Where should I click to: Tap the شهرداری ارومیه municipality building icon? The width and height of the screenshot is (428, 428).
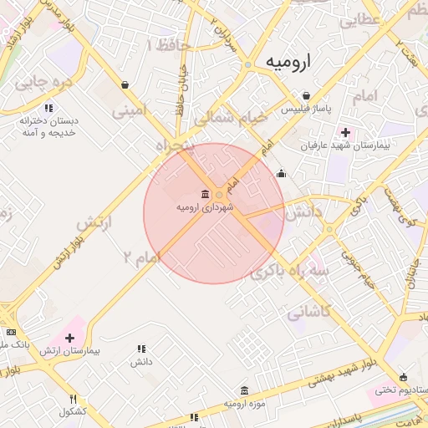tap(206, 195)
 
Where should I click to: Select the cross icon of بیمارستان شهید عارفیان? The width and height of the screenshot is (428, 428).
tap(345, 132)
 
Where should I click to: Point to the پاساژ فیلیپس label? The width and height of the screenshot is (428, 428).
tap(306, 110)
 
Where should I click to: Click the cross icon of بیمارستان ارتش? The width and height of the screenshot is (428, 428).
tap(69, 339)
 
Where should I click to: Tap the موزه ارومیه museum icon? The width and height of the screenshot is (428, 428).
tap(244, 391)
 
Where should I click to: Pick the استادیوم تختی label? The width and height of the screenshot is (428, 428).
tap(396, 389)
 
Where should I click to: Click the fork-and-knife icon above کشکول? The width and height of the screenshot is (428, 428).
tap(73, 399)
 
